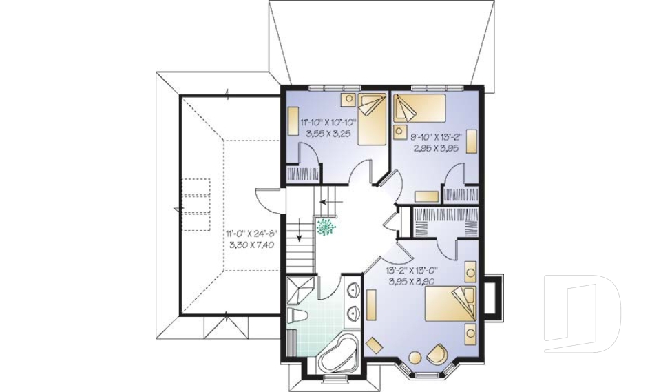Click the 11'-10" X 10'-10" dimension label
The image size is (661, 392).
click(328, 123)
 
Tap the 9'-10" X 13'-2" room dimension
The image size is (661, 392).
click(437, 136)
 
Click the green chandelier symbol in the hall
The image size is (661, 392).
click(326, 227)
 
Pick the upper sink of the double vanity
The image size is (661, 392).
click(353, 290)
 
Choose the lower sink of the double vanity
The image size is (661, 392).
click(353, 313)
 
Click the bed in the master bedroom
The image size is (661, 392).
click(450, 304)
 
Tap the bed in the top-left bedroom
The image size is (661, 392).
click(373, 119)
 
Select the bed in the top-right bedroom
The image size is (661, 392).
click(419, 107)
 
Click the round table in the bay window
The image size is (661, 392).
click(415, 357)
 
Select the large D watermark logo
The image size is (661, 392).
click(583, 313)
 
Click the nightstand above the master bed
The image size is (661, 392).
click(470, 271)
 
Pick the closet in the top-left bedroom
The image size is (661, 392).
click(303, 174)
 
